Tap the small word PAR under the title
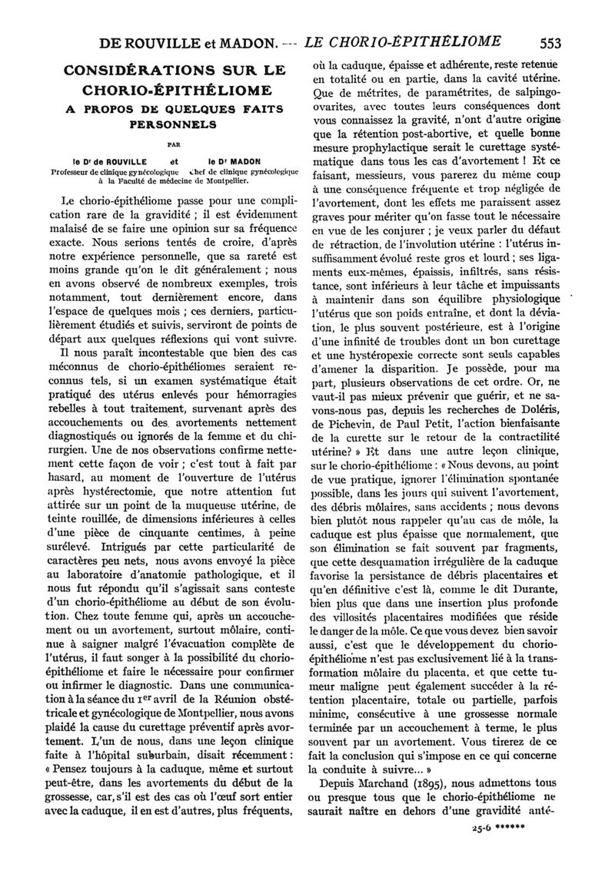173,142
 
